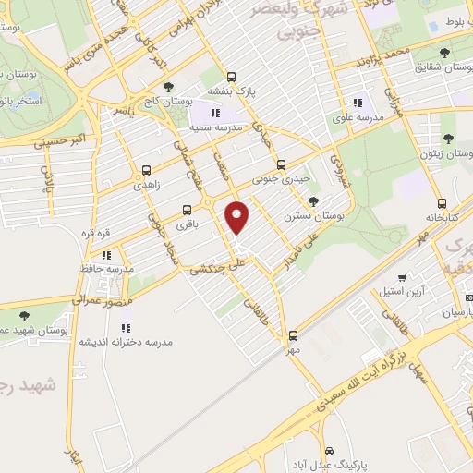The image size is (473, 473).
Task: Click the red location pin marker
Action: pyautogui.click(x=238, y=218)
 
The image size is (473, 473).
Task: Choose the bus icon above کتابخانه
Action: pyautogui.click(x=442, y=203)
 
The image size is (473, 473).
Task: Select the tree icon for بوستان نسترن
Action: pyautogui.click(x=314, y=200)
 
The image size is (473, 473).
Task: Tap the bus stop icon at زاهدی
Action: pyautogui.click(x=146, y=170)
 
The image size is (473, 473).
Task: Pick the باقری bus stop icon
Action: pyautogui.click(x=187, y=209)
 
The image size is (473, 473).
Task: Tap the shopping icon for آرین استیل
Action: pyautogui.click(x=401, y=278)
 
